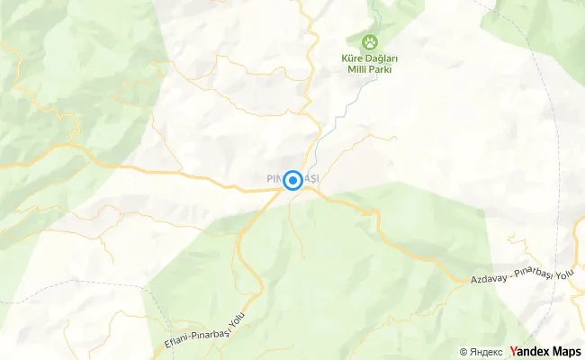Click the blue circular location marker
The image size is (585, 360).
292,181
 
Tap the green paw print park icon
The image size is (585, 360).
370,41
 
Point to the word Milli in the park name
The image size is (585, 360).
357,71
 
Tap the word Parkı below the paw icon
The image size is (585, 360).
385,71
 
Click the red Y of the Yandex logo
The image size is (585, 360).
513,351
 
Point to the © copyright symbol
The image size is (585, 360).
463,352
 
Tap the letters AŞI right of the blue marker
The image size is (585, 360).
310,179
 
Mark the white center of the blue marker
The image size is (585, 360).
292,181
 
